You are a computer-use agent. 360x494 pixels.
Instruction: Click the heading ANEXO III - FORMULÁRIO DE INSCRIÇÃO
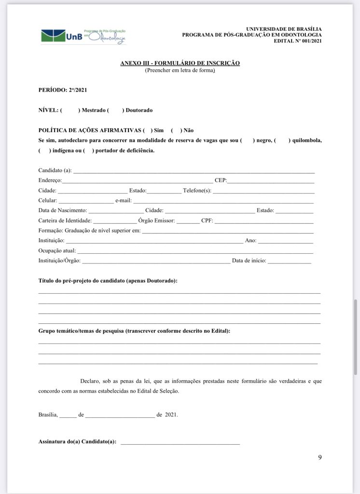180,63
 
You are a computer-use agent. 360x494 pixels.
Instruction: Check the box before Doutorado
116,110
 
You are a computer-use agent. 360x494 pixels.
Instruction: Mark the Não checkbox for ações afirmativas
177,130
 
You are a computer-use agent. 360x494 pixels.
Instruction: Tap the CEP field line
271,180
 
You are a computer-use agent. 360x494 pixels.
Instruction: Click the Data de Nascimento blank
116,211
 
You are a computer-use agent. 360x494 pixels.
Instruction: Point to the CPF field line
263,221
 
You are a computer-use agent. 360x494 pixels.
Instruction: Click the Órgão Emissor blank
188,221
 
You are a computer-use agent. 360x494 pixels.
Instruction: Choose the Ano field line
285,241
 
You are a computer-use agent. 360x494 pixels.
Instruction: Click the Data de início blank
289,261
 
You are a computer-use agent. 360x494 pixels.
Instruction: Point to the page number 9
319,457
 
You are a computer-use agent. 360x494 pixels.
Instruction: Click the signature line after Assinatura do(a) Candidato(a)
180,442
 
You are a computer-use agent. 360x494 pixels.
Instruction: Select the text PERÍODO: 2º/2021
63,90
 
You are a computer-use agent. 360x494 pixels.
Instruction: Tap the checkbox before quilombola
282,140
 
